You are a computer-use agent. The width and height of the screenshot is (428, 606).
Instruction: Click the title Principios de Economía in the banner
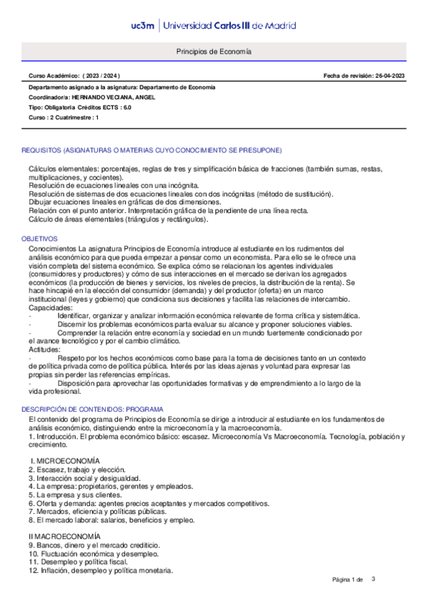pyautogui.click(x=214, y=52)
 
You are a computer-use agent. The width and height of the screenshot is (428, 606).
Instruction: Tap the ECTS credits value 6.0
pyautogui.click(x=127, y=107)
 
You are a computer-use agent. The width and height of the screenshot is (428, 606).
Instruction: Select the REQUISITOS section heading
pyautogui.click(x=151, y=150)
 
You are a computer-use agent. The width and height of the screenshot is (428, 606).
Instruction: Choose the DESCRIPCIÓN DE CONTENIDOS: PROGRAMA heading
pyautogui.click(x=92, y=409)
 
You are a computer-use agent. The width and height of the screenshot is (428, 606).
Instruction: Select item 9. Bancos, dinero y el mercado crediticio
pyautogui.click(x=94, y=545)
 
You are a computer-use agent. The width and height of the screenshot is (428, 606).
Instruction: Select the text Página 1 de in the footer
pyautogui.click(x=348, y=579)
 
